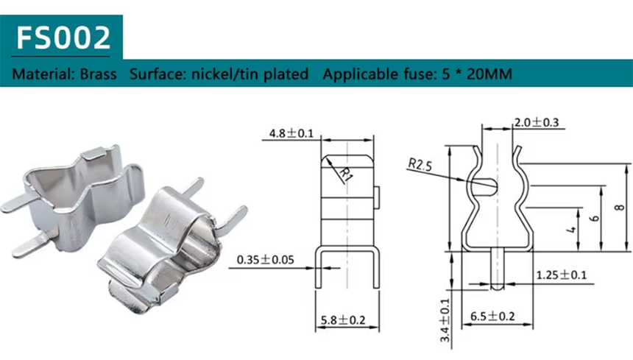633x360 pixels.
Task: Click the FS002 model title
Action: [x=63, y=38]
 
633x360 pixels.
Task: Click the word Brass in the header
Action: [x=98, y=74]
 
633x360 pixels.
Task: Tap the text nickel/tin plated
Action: [x=250, y=74]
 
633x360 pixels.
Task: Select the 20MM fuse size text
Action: [x=489, y=74]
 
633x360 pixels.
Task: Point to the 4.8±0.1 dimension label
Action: [x=291, y=133]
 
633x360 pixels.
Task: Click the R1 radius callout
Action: [x=345, y=174]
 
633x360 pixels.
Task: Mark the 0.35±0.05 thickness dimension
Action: [x=265, y=259]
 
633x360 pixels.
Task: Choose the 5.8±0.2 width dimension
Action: [x=343, y=320]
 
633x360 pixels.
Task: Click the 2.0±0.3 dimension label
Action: [x=536, y=122]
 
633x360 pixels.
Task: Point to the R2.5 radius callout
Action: [x=420, y=164]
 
